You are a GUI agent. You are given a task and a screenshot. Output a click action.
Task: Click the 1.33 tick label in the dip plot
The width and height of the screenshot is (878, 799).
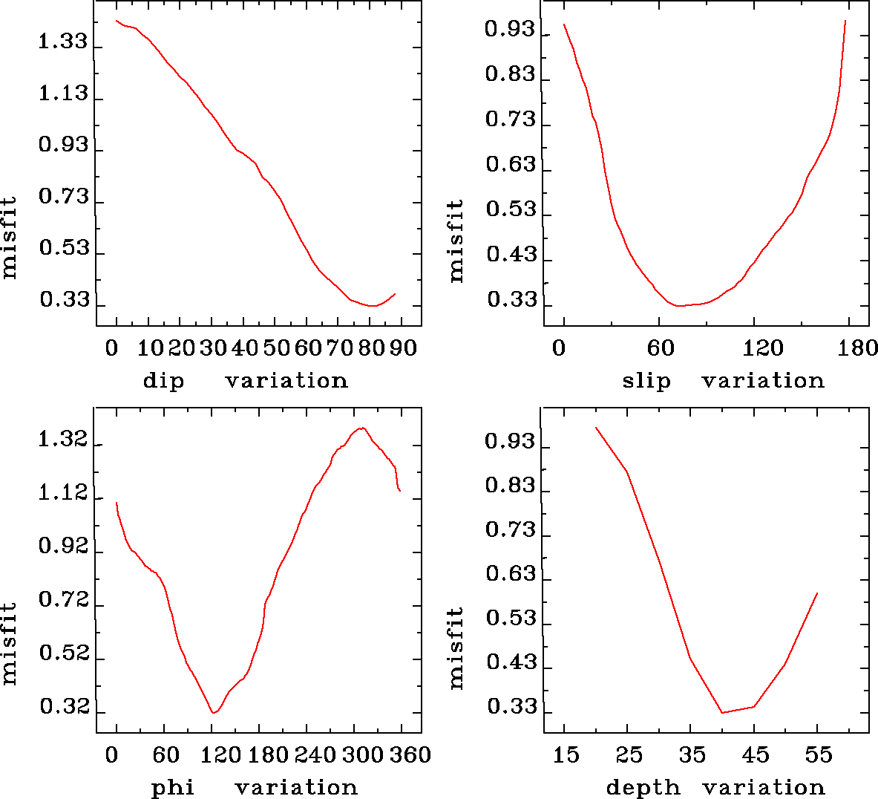pyautogui.click(x=63, y=42)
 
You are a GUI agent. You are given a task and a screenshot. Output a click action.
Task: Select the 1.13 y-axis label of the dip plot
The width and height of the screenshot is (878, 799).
pyautogui.click(x=63, y=94)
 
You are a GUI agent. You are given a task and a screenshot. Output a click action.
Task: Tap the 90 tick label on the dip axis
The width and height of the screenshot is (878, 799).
pyautogui.click(x=404, y=348)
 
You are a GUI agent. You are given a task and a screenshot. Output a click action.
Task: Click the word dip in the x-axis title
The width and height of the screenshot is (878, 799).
pyautogui.click(x=163, y=381)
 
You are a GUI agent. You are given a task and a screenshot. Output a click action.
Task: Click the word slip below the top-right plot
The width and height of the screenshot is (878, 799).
pyautogui.click(x=646, y=381)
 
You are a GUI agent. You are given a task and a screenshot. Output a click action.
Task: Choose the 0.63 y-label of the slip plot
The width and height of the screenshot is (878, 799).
pyautogui.click(x=510, y=164)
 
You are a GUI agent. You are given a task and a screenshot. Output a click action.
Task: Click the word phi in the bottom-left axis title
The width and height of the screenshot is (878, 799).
pyautogui.click(x=173, y=787)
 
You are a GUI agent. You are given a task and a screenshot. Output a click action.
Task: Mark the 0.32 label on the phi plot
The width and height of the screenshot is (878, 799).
pyautogui.click(x=65, y=707)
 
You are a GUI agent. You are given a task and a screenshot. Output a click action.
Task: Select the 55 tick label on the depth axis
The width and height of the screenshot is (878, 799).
pyautogui.click(x=819, y=755)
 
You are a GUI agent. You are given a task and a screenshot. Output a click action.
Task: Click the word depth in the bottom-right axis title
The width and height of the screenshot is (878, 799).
pyautogui.click(x=643, y=787)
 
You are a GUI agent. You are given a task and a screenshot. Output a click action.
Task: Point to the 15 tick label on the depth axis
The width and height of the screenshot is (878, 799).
pyautogui.click(x=566, y=755)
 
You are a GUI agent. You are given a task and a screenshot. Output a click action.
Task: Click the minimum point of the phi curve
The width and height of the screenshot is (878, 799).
pyautogui.click(x=214, y=713)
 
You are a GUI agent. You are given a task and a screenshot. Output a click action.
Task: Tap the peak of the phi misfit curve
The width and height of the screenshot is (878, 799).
pyautogui.click(x=362, y=428)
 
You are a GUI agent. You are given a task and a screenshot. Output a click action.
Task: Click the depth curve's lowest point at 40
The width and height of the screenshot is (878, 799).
pyautogui.click(x=722, y=713)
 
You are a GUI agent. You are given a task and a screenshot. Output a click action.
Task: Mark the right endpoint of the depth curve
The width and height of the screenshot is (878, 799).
pyautogui.click(x=817, y=593)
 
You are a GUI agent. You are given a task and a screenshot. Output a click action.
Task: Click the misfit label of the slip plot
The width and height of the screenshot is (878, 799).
pyautogui.click(x=456, y=240)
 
